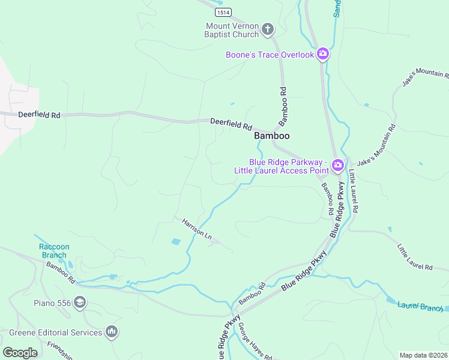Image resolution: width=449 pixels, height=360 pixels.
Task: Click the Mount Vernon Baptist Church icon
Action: tap(268, 29)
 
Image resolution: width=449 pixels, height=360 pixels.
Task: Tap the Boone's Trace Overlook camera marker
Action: tap(323, 55)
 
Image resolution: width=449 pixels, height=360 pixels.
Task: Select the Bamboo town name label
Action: tap(272, 136)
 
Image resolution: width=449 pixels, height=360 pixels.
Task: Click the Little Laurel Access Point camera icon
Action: tap(337, 165)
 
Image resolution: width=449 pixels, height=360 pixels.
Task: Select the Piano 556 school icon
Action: tap(79, 303)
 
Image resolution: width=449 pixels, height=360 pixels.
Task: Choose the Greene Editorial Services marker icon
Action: tap(111, 332)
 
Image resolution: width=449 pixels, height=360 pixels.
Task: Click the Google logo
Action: tap(20, 352)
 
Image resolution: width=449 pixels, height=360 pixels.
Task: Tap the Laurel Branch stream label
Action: tap(420, 306)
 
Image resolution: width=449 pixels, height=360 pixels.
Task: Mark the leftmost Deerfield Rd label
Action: tap(40, 114)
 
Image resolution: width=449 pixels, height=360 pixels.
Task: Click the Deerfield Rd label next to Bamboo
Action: tap(231, 124)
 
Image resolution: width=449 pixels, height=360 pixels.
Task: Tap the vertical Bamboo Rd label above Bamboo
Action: tap(283, 106)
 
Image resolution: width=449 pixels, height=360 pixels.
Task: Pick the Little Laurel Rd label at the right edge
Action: tap(414, 257)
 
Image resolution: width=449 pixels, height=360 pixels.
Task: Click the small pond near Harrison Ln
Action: tap(175, 242)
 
